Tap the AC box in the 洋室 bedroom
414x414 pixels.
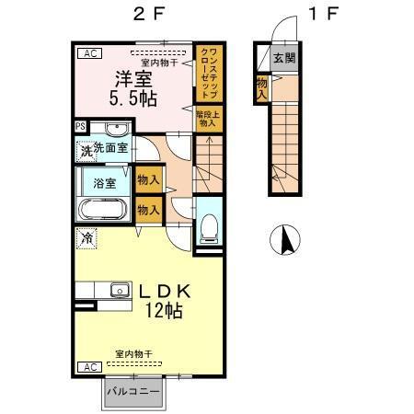pos(90,54)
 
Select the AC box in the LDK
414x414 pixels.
pos(90,367)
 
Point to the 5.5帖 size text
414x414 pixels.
pos(133,99)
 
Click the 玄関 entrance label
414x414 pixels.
pos(285,59)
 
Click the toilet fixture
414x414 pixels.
pos(208,224)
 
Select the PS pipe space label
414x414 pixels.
pos(80,127)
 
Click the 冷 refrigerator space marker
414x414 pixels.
pos(86,238)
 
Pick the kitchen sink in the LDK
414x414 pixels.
pos(120,291)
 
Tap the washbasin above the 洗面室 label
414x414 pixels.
pos(116,128)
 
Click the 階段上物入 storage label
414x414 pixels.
pos(207,118)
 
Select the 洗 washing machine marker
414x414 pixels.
pos(86,150)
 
